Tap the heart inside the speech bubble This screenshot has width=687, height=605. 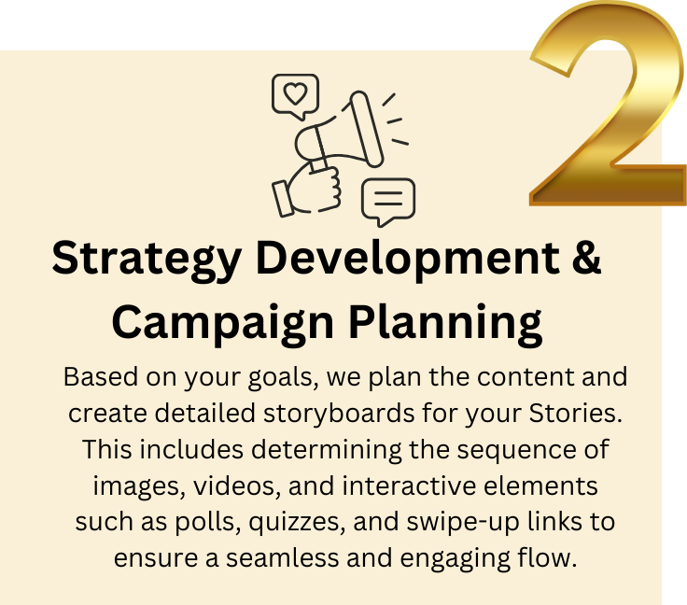tap(295, 93)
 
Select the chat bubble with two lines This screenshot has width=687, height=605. tap(387, 200)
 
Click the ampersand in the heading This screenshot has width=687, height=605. tap(586, 259)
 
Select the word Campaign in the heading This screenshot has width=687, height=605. tap(222, 323)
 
